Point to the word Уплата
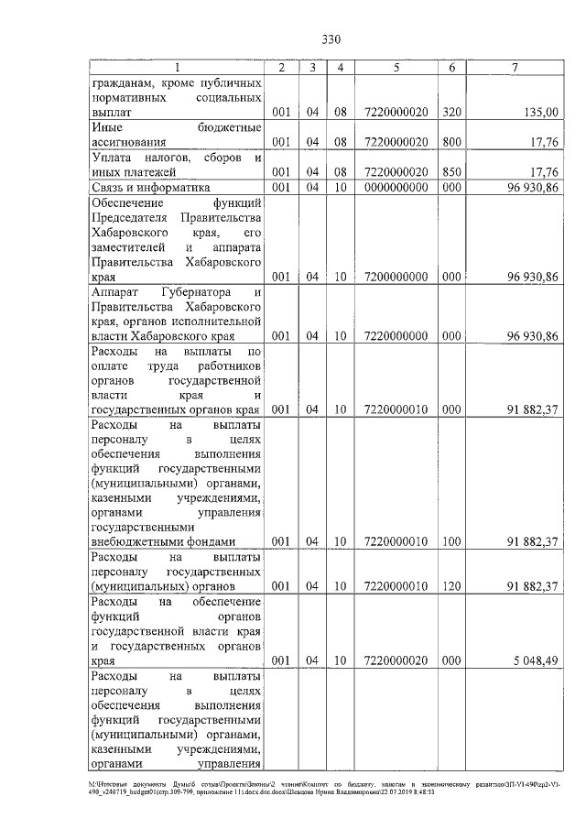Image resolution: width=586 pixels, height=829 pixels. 115,158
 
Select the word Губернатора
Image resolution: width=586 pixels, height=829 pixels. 194,292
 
